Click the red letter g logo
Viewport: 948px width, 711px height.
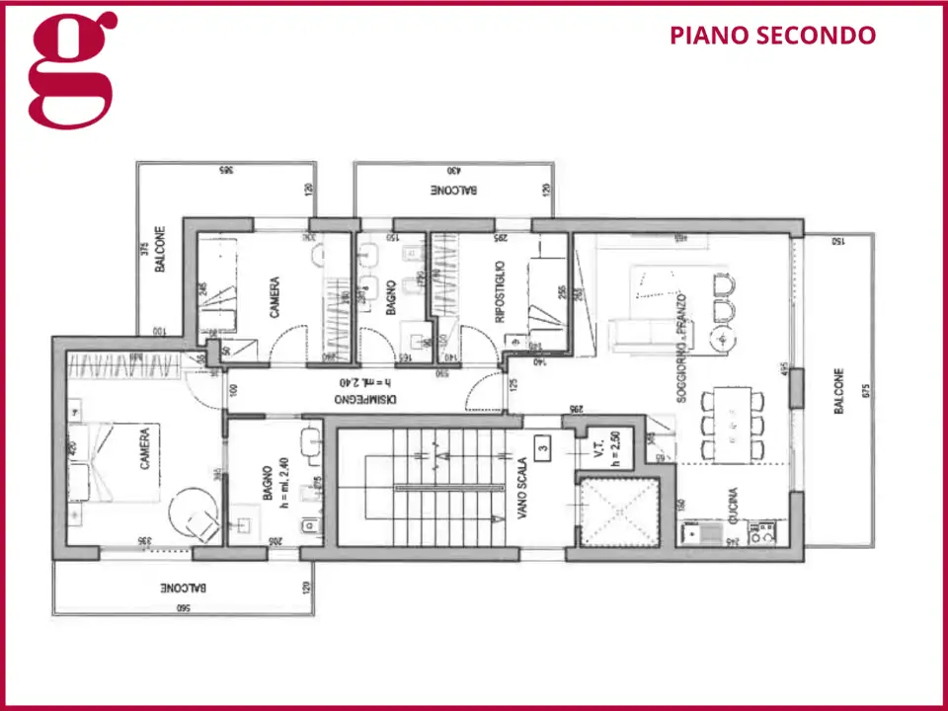[72, 69]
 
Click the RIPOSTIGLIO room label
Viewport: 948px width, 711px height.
[501, 292]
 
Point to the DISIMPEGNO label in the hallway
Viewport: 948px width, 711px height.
[365, 399]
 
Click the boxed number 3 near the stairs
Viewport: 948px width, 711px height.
[542, 447]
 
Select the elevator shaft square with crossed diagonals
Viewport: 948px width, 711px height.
[619, 513]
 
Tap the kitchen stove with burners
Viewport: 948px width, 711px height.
[761, 534]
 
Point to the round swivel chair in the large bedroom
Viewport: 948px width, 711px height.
[196, 514]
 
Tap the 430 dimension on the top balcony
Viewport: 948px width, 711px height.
[452, 173]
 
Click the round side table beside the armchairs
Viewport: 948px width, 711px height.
[723, 339]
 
